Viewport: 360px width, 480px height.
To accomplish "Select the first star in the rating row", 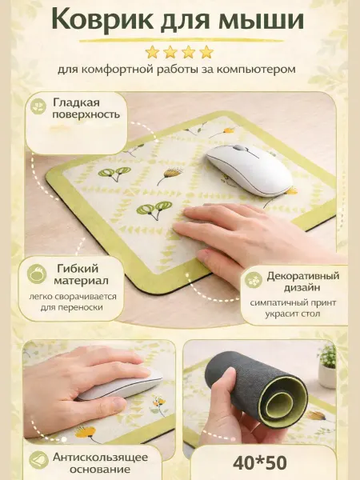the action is tap(152, 52).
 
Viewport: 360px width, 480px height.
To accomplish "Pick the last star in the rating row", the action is tap(206, 52).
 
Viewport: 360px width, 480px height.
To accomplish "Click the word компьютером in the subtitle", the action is tap(256, 70).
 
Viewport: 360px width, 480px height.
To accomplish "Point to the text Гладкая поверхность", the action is tap(86, 109).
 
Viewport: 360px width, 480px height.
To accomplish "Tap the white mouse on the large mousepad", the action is tap(249, 170).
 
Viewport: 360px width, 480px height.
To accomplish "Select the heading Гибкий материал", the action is tap(82, 274).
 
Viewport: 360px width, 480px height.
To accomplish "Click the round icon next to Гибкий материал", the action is tap(37, 274).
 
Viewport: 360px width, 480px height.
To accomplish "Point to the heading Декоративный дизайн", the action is tap(302, 282).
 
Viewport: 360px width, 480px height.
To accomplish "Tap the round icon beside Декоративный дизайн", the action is tap(254, 280).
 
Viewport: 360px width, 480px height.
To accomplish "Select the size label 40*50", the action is tap(259, 463).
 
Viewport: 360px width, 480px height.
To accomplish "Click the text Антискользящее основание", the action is tap(100, 463).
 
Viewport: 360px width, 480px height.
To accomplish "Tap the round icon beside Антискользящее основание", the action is tap(38, 460).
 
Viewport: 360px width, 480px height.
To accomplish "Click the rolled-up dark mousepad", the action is tap(256, 389).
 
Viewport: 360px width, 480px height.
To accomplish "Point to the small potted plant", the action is tap(326, 366).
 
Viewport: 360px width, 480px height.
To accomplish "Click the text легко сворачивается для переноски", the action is tap(73, 302).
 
